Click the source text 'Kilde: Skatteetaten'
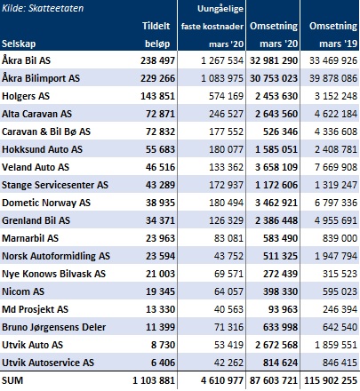coord(43,8)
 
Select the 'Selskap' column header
coord(19,44)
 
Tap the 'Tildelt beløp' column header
coord(156,35)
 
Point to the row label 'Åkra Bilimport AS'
coord(41,78)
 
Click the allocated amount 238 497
coord(157,60)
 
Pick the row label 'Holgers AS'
coord(26,96)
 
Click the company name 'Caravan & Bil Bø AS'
coord(46,132)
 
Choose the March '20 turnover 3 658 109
coord(276,167)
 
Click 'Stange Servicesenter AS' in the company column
coord(55,185)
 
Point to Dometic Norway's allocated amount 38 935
coord(160,203)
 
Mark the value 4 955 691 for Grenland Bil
coord(336,220)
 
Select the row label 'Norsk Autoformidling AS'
coord(56,256)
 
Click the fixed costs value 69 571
coord(228,274)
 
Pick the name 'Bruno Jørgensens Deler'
coord(54,327)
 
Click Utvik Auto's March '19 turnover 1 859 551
coord(336,345)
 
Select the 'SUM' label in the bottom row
coord(12,380)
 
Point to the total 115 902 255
coord(331,380)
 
